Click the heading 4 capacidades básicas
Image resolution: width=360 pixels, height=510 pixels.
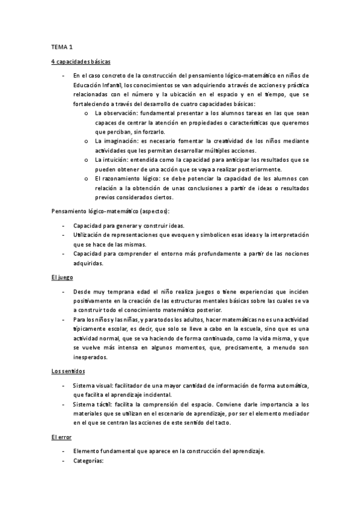(x=81, y=61)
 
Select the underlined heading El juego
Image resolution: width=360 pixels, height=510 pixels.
(x=63, y=277)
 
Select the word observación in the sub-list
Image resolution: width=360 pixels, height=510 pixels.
(x=118, y=112)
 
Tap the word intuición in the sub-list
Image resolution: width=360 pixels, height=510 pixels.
(x=115, y=159)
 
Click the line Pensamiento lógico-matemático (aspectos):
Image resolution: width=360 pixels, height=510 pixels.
(x=111, y=211)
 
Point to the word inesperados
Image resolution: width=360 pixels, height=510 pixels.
(x=90, y=357)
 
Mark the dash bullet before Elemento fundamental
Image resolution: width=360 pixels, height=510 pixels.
(x=64, y=451)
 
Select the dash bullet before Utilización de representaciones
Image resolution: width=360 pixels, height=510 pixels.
(x=64, y=235)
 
